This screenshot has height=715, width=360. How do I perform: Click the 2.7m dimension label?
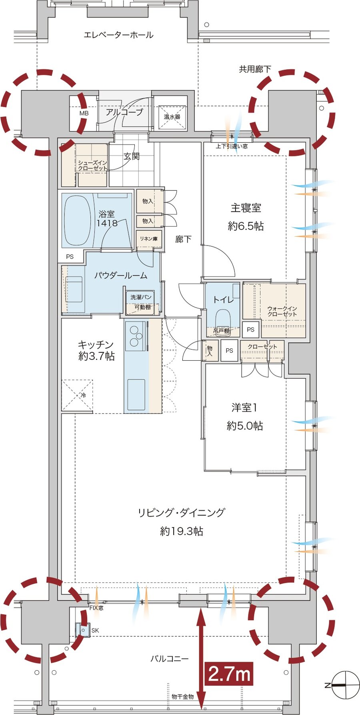(229, 673)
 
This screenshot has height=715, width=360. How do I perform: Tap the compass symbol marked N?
(343, 685)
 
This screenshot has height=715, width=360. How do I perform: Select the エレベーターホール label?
(118, 35)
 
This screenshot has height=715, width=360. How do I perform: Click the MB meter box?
(83, 113)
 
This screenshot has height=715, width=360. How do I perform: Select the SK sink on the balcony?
(83, 630)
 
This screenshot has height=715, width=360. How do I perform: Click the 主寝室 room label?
(246, 208)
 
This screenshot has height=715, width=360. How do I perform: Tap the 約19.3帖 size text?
(182, 531)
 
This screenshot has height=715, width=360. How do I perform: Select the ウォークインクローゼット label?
(282, 311)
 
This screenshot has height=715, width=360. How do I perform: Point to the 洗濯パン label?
(141, 297)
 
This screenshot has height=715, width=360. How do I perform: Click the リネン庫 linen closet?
(149, 239)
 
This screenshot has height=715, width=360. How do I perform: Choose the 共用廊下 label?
(255, 69)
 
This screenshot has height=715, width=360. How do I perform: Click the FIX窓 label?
(96, 608)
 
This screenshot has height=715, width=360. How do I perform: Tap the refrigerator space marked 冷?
(77, 395)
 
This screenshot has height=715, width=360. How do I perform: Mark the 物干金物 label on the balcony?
(182, 697)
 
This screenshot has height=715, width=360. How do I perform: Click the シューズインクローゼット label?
(92, 166)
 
